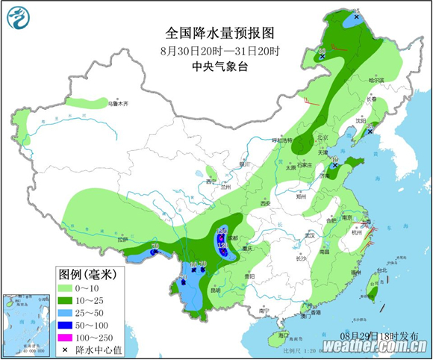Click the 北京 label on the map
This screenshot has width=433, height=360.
tap(323, 137)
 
